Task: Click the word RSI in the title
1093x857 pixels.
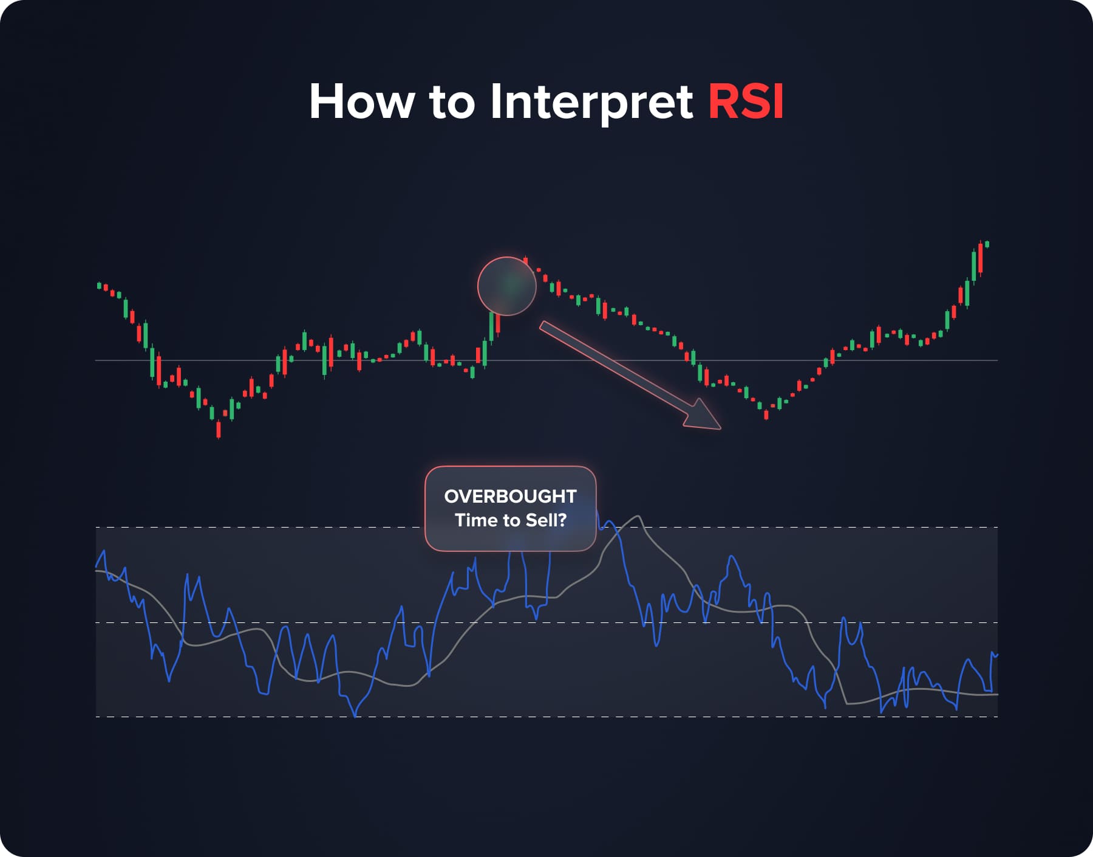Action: pos(746,102)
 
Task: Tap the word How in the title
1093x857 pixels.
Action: pos(361,102)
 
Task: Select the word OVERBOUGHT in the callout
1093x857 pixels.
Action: pos(510,496)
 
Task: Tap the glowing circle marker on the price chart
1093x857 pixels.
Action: pos(507,286)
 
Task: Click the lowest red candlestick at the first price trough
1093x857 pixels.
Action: pos(219,430)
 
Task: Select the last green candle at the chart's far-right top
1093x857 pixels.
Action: pos(987,244)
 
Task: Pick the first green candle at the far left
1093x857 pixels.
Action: pos(99,284)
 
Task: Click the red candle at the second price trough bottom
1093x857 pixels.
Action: pos(766,415)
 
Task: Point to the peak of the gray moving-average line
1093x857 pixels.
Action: pos(638,517)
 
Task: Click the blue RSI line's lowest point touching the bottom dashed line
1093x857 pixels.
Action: pos(356,716)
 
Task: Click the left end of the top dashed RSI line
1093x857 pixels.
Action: pos(97,527)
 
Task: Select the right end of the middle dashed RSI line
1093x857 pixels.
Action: pos(996,623)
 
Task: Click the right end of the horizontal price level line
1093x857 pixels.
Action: pos(996,360)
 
